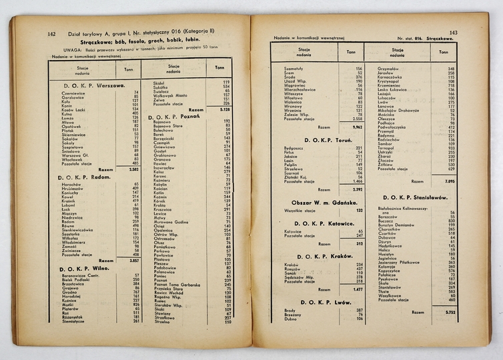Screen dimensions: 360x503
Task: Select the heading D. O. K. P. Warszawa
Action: click(x=95, y=85)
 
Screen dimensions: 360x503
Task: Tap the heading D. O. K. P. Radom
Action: click(x=87, y=177)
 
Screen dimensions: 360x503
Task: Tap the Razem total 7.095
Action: click(x=450, y=181)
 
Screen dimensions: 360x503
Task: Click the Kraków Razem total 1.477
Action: click(x=357, y=289)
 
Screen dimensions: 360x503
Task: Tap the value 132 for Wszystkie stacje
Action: click(x=359, y=210)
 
